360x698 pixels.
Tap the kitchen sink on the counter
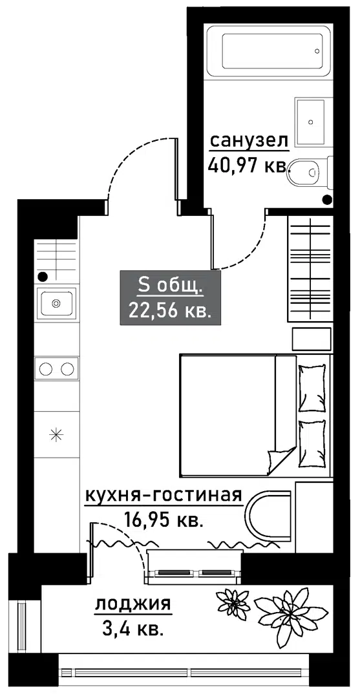[56, 303]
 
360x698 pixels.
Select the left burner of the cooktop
[46, 368]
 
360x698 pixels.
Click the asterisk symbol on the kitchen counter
[56, 434]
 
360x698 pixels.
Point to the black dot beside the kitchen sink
[43, 277]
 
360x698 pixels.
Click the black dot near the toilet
[327, 199]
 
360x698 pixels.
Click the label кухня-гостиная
[163, 495]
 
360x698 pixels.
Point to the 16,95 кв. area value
[162, 519]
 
